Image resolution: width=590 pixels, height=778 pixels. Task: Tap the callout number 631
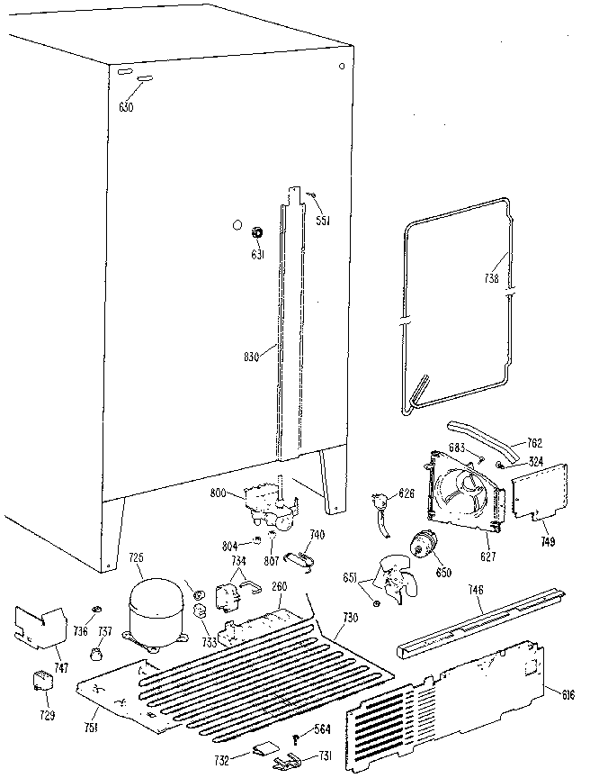coord(256,253)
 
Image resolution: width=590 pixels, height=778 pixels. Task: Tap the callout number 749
coord(548,542)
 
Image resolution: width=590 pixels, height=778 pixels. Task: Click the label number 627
coord(487,557)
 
